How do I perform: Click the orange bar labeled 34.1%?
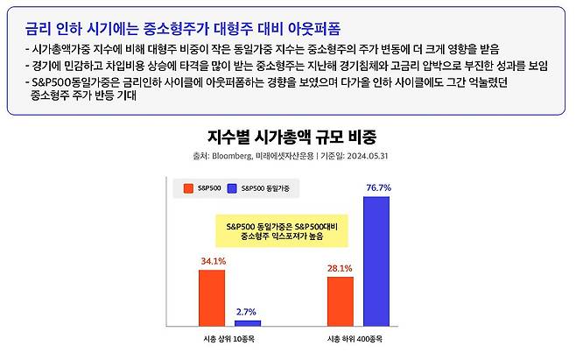click(212, 298)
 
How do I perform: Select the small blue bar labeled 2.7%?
click(248, 323)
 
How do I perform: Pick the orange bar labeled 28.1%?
click(341, 301)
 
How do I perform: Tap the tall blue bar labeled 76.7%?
click(376, 261)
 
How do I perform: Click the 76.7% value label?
click(379, 187)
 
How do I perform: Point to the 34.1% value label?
click(213, 261)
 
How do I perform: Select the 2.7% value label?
click(246, 312)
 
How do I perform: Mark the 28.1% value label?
click(340, 268)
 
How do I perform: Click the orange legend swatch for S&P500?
click(188, 188)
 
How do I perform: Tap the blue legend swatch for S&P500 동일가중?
click(232, 188)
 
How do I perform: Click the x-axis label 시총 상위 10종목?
click(228, 339)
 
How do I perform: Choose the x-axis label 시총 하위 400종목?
click(355, 339)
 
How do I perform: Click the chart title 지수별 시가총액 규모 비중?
click(292, 137)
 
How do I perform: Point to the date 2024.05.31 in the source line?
click(368, 156)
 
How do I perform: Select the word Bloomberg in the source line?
click(232, 156)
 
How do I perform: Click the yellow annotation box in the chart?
click(282, 230)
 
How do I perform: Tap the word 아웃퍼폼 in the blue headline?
click(314, 29)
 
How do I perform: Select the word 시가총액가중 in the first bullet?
click(61, 49)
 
